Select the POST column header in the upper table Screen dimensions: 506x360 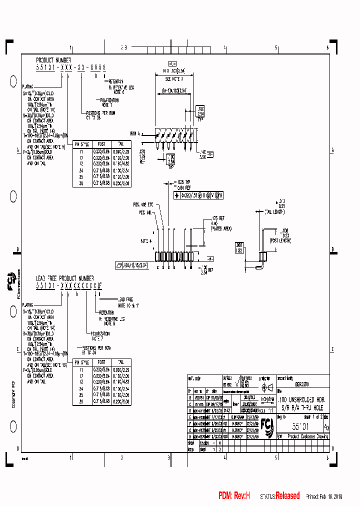tap(101, 143)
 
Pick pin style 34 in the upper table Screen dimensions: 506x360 tap(79, 170)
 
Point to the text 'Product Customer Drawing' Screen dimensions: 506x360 tap(306, 436)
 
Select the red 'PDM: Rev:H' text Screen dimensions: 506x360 tap(233, 496)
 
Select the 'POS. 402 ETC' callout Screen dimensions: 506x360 tap(143, 204)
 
